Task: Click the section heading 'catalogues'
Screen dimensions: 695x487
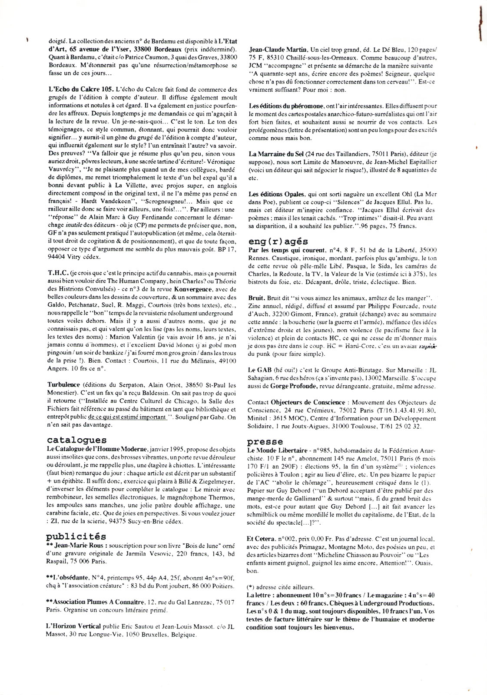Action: [x=76, y=440]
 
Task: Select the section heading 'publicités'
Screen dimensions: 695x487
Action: [x=76, y=536]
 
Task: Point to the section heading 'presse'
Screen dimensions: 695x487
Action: [x=265, y=442]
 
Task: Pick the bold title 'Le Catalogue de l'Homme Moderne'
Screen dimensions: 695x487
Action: [x=97, y=448]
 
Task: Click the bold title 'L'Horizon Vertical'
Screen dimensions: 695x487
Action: [x=73, y=626]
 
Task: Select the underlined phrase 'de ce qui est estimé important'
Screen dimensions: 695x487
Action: [x=127, y=417]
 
